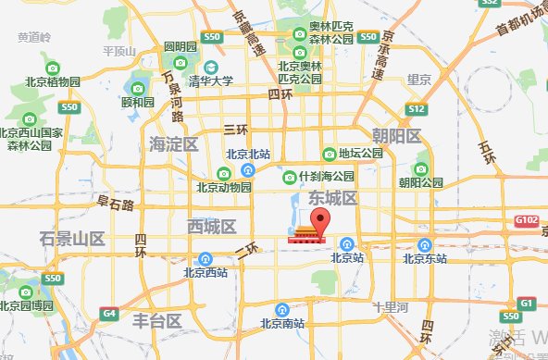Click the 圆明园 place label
[x=181, y=46]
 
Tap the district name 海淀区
[x=173, y=143]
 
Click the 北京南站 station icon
[x=281, y=309]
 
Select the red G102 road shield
[x=527, y=220]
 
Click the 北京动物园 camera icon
[x=223, y=173]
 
